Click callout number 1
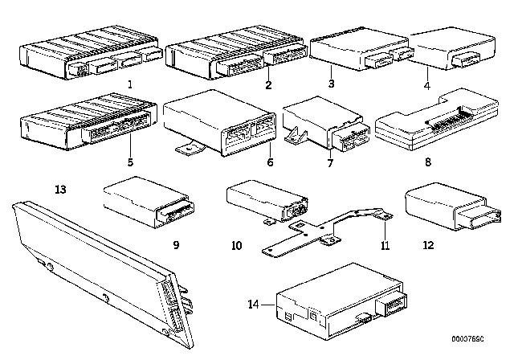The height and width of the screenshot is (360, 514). [130, 84]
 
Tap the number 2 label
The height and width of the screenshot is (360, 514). [268, 85]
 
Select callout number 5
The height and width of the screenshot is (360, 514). [130, 162]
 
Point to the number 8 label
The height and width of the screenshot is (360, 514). [428, 162]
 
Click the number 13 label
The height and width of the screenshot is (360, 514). [61, 189]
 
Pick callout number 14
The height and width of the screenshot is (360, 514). [254, 305]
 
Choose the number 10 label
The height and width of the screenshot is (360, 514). [236, 245]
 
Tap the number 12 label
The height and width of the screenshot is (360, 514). [428, 245]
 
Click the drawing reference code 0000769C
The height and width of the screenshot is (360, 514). [467, 338]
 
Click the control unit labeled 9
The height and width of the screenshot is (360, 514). [149, 202]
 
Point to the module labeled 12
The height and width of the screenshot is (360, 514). [453, 208]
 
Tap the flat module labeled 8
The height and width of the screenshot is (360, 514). [437, 120]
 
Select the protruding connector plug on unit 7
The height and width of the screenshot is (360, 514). [351, 137]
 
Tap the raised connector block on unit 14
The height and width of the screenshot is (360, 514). [392, 305]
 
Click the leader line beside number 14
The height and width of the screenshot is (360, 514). [269, 305]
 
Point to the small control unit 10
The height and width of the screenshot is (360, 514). [267, 200]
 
